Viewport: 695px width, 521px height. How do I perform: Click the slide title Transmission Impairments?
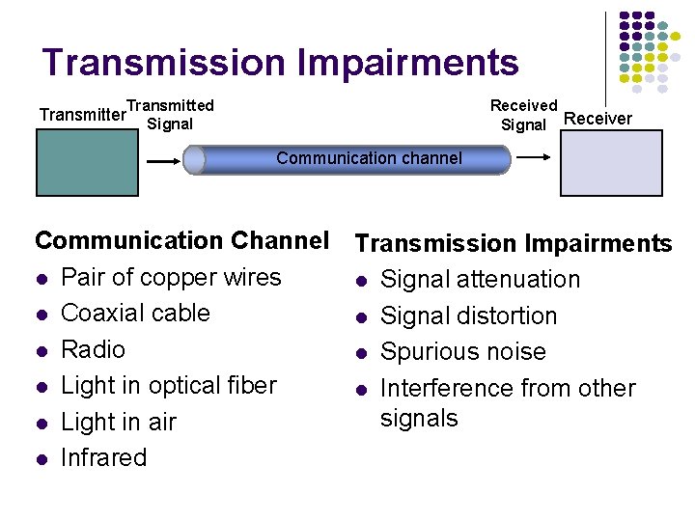[x=280, y=63]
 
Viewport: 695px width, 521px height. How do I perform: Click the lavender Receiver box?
[x=612, y=163]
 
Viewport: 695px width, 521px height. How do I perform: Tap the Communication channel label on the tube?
[x=369, y=158]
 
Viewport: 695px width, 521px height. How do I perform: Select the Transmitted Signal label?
[x=170, y=114]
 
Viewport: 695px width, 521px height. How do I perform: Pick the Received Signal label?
[x=523, y=115]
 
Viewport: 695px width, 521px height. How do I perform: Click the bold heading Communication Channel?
[x=182, y=240]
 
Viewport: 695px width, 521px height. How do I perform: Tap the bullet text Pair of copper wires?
[x=171, y=277]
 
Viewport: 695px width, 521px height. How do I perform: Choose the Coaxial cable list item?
[x=135, y=313]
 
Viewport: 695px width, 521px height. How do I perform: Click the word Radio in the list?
[x=93, y=348]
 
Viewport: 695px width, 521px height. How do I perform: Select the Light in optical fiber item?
[x=169, y=385]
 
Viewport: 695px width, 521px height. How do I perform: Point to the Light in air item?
[x=119, y=422]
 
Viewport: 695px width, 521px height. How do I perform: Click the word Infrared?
[x=103, y=457]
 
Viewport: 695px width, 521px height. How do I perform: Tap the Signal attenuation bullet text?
[x=480, y=280]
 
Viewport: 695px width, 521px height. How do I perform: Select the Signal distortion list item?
[x=468, y=315]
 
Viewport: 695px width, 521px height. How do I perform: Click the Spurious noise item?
[x=463, y=352]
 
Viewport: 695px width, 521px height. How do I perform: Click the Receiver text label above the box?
[x=598, y=119]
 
